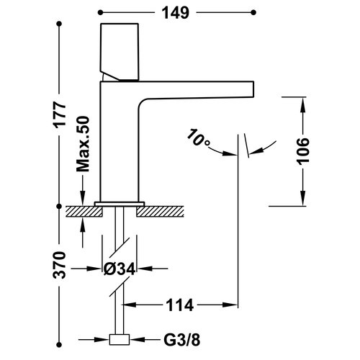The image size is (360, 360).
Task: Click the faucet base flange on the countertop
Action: tap(120, 203)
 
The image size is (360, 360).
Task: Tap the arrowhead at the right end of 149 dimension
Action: tap(253, 12)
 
